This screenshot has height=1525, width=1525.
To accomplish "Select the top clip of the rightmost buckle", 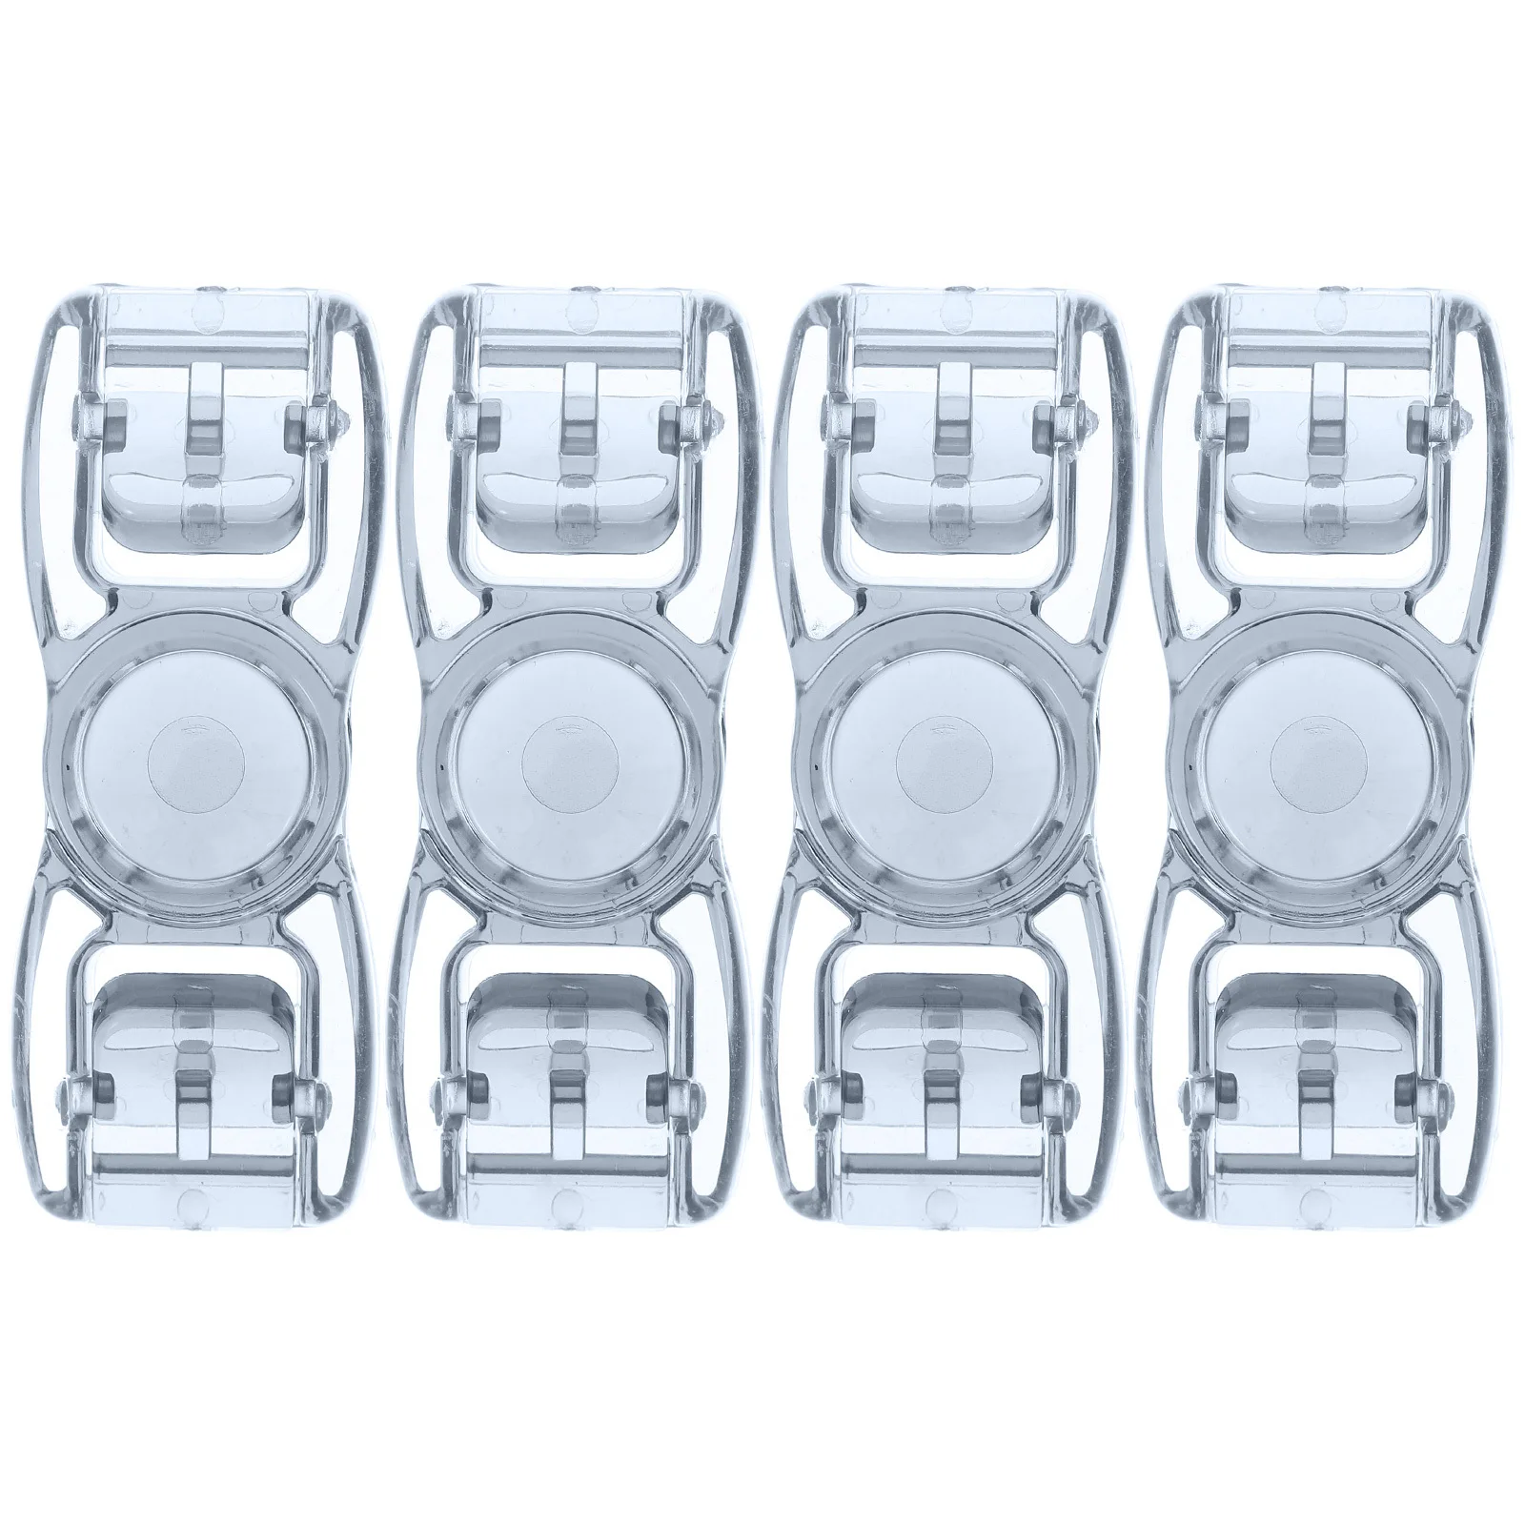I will tap(1324, 448).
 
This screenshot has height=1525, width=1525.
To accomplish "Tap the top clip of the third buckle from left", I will tap(950, 448).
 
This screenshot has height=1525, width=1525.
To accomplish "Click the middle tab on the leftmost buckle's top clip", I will tap(202, 419).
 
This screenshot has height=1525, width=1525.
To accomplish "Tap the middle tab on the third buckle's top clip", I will tap(950, 419).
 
